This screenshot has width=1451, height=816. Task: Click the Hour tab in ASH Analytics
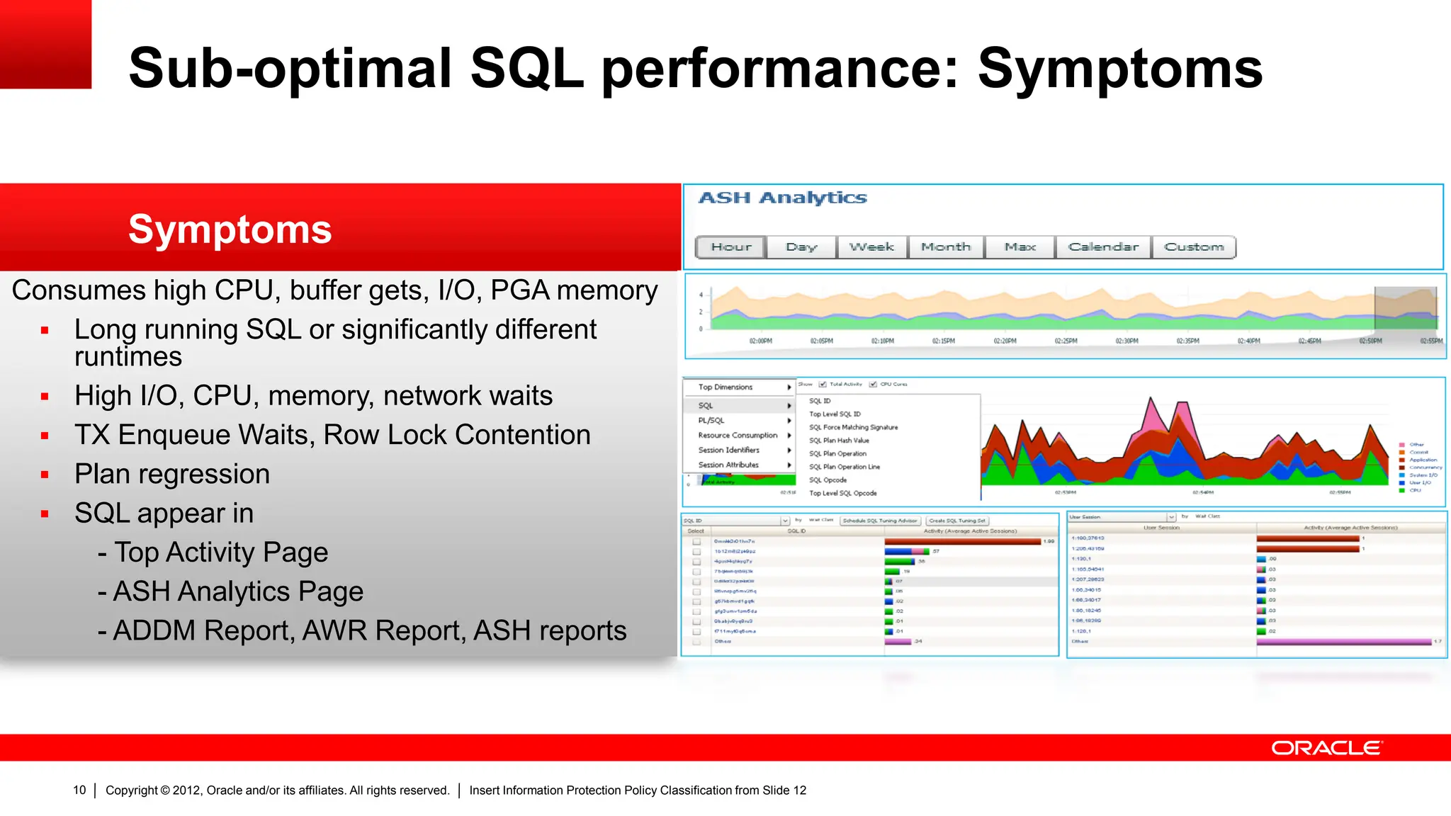pos(731,247)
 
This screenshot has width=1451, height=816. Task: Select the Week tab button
pos(871,247)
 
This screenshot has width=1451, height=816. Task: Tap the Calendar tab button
pos(1103,247)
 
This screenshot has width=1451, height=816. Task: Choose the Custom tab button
pos(1194,247)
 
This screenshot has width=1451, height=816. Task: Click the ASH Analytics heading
pos(782,198)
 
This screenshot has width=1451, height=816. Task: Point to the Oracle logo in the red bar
pos(1326,748)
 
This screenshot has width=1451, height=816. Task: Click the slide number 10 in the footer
pos(79,790)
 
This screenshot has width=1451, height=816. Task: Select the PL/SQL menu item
pos(711,421)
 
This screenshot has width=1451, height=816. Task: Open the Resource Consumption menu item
pos(738,436)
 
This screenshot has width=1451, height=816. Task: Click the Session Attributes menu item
pos(728,465)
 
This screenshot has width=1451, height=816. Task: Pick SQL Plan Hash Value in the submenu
pos(839,441)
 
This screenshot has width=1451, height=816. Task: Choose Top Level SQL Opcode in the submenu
pos(843,494)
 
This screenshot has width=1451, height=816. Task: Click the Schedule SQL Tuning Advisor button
pos(880,521)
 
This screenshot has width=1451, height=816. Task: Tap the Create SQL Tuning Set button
pos(957,521)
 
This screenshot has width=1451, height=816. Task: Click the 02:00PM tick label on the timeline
pos(761,341)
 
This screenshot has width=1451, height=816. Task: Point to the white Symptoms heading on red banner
pos(230,229)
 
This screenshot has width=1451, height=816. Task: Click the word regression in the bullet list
pos(213,474)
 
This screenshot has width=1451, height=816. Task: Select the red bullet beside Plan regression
pos(45,475)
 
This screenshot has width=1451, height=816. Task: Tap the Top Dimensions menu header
pos(725,387)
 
